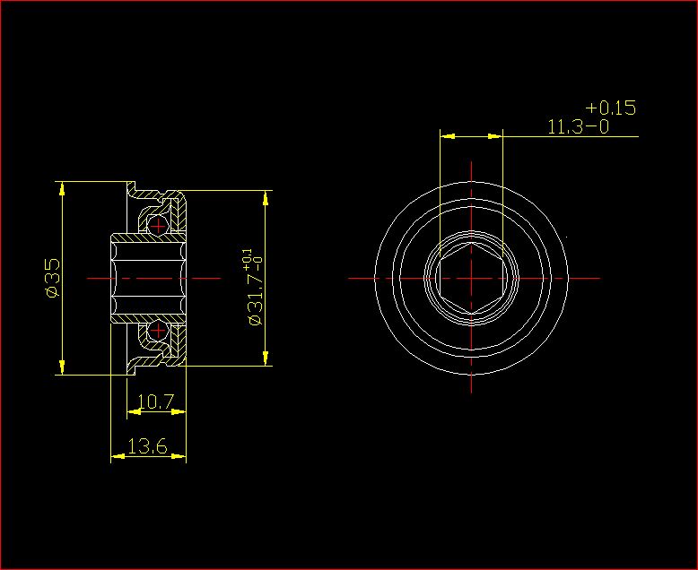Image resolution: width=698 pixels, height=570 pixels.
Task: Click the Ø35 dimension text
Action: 51,278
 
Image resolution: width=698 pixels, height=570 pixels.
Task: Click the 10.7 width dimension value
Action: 157,402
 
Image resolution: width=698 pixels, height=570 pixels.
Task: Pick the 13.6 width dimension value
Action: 147,446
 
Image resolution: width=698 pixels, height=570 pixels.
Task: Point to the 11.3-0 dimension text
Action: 578,126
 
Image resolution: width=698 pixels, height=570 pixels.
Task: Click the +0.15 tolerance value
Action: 610,108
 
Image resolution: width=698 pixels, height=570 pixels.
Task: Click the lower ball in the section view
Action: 158,332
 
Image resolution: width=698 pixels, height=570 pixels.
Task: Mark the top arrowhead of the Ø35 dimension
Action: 61,188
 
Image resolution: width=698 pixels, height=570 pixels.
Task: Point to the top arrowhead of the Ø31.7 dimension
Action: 266,197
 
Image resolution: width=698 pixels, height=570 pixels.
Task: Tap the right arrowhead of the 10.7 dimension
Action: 179,412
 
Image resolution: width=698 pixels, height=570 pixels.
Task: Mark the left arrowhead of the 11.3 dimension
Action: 446,136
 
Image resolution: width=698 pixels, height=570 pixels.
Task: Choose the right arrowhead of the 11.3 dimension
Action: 495,136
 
